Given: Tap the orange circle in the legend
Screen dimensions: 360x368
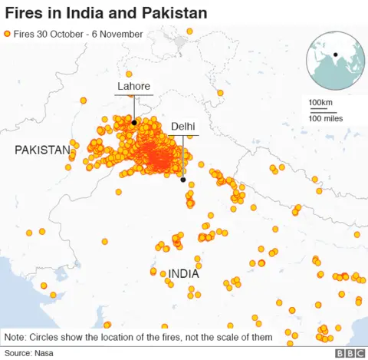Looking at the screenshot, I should tap(8, 35).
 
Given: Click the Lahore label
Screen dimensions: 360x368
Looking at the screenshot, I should tap(133, 86).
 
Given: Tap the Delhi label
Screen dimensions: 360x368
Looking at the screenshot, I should tap(183, 126).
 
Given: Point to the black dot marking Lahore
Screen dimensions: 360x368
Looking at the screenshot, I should tap(133, 122).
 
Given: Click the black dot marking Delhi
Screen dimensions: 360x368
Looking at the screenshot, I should tap(183, 180).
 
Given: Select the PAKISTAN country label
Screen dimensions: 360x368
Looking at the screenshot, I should tap(42, 150).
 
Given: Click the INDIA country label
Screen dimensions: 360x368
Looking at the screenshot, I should tap(183, 273).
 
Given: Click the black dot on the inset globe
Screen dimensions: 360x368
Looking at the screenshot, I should tap(335, 54).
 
